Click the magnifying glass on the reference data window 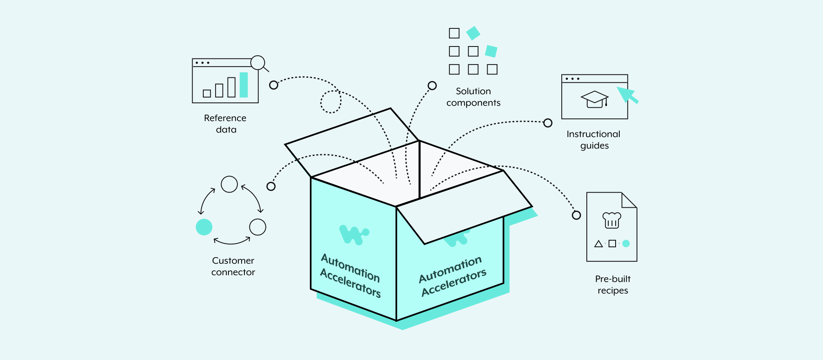258,63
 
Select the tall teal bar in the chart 244,85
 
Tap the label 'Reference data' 226,123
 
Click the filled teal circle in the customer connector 204,227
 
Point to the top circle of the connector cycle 229,184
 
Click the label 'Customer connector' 233,266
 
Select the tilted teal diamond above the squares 473,33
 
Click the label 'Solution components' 473,97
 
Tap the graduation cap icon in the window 595,100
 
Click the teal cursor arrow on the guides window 626,94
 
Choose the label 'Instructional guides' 593,140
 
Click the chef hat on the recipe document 611,220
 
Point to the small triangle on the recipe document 599,244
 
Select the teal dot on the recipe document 626,244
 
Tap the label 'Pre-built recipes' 613,285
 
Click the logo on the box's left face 353,235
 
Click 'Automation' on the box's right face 450,269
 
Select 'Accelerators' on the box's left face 351,283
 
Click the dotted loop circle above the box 331,102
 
